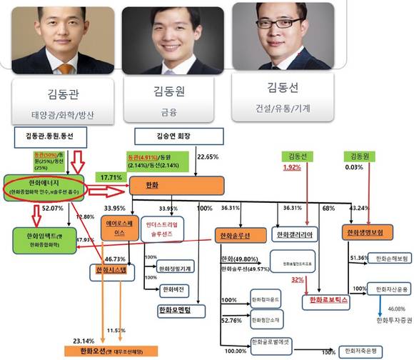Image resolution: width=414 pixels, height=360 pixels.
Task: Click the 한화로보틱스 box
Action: [325, 301]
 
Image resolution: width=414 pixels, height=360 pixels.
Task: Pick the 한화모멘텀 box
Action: [180, 311]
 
